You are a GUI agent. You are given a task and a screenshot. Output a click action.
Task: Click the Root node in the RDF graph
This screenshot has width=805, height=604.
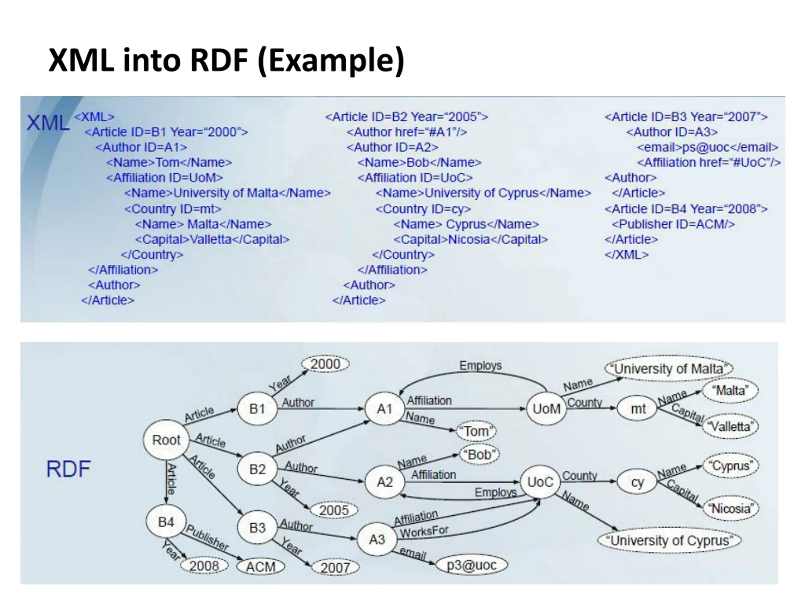click(x=166, y=439)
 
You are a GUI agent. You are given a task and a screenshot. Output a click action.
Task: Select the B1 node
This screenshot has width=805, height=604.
click(x=257, y=409)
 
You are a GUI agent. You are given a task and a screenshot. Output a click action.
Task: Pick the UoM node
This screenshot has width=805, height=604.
click(x=546, y=409)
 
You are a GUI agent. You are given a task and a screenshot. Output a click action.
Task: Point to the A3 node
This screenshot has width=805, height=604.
click(x=377, y=539)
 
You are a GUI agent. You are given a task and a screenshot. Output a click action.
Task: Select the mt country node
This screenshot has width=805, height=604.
click(x=638, y=409)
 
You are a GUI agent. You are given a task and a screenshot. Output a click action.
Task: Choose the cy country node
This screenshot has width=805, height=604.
click(x=637, y=482)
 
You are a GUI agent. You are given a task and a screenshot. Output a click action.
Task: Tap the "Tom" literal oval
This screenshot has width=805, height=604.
click(x=476, y=431)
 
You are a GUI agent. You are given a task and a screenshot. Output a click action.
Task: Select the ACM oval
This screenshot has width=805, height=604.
click(x=261, y=567)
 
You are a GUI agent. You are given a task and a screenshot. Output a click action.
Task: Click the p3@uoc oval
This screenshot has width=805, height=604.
click(x=471, y=565)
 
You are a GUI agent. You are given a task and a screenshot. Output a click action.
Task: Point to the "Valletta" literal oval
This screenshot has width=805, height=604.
click(x=730, y=426)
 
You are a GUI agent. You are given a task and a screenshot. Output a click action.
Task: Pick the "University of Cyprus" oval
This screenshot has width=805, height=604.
click(x=669, y=540)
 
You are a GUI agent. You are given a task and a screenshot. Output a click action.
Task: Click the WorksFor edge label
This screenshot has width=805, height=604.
click(x=424, y=532)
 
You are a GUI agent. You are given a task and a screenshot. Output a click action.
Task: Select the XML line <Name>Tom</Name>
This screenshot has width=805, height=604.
click(x=169, y=162)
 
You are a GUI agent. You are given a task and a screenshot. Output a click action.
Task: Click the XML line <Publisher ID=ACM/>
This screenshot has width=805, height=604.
click(x=673, y=224)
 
